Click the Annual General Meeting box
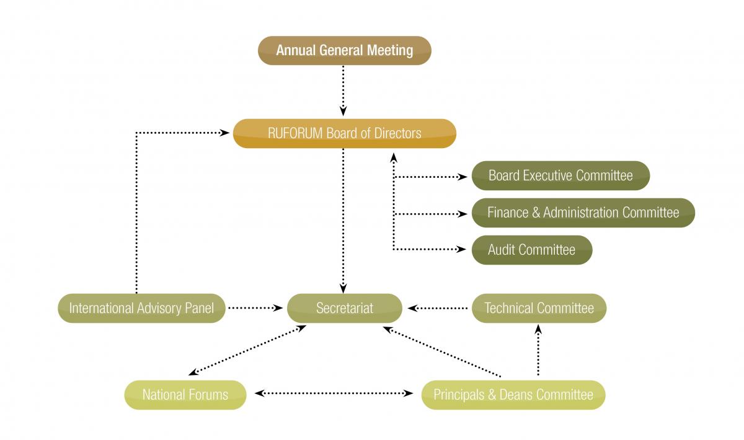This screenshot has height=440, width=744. [344, 50]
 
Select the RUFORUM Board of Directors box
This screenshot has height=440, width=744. [344, 133]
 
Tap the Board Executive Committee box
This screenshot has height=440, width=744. [560, 175]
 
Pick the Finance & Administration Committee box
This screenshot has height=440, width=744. [583, 213]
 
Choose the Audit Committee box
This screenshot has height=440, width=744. [531, 250]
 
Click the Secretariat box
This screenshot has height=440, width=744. [344, 308]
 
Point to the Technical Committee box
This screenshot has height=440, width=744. [539, 308]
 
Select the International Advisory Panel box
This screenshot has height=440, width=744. [141, 308]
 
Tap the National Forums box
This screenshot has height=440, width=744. [185, 395]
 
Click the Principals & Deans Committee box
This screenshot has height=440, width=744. [513, 395]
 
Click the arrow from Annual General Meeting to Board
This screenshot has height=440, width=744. [344, 90]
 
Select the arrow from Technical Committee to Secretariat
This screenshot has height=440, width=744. [437, 308]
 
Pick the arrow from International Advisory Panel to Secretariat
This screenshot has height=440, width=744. [254, 308]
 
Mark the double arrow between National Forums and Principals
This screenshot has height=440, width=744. [334, 394]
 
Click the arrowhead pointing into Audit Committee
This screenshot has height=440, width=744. [463, 250]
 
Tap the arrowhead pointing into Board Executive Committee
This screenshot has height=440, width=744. [463, 177]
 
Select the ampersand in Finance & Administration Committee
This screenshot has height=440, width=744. [536, 213]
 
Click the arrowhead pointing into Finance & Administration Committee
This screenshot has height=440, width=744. [463, 214]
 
